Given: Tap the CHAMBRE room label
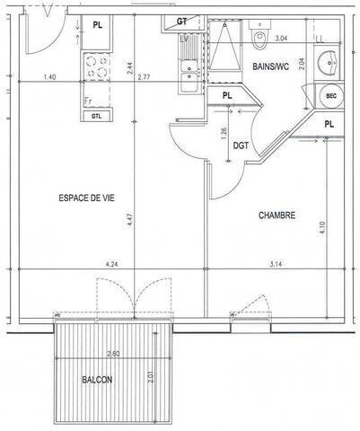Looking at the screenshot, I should tap(277, 215).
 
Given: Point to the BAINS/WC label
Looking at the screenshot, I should tap(269, 66).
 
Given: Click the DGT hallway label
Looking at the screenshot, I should tap(241, 145).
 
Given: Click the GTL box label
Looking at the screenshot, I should tap(97, 116).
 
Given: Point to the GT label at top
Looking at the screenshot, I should tap(181, 21).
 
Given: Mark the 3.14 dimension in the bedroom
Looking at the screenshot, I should tap(277, 264).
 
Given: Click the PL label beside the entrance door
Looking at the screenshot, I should tap(97, 25).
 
